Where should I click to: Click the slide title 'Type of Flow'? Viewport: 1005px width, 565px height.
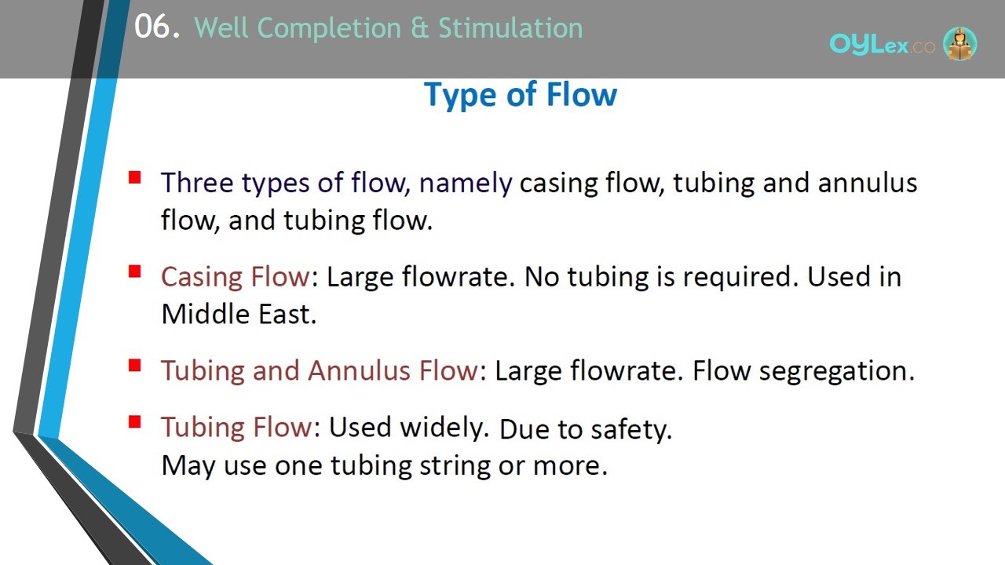coord(521,95)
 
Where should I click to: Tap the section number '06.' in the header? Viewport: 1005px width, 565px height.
coord(157,27)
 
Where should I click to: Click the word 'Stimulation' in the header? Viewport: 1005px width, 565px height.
coord(510,27)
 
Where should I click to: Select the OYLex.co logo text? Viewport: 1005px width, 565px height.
coord(882,45)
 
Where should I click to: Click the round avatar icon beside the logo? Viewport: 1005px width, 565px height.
coord(959,44)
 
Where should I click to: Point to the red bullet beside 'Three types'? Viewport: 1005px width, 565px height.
coord(134,177)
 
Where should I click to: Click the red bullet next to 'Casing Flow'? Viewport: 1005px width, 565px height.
coord(134,272)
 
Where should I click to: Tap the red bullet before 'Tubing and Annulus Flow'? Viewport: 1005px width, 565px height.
coord(134,366)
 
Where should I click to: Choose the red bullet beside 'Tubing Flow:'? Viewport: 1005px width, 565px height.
coord(134,422)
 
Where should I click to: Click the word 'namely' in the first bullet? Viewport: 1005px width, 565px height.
coord(466,184)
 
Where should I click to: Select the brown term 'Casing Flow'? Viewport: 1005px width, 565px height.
coord(236,277)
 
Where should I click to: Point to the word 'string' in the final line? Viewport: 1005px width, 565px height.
coord(455,466)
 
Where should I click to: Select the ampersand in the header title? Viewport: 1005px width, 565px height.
coord(419,28)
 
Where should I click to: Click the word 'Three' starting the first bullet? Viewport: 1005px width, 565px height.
coord(197,183)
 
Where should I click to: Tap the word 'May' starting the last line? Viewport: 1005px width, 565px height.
coord(188,466)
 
